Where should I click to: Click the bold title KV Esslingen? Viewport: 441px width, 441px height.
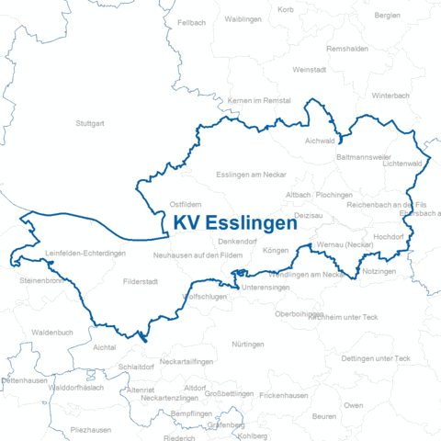click(235, 223)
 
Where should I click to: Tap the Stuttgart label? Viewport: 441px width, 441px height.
click(90, 122)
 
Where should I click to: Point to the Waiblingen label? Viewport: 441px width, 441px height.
click(243, 18)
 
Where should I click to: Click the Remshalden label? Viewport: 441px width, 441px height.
click(347, 48)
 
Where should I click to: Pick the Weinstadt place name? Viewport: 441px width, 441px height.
click(309, 70)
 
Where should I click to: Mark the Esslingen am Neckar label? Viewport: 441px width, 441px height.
click(251, 174)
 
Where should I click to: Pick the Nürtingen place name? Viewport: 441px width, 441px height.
click(248, 344)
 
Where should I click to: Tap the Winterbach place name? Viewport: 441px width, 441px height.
click(390, 95)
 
